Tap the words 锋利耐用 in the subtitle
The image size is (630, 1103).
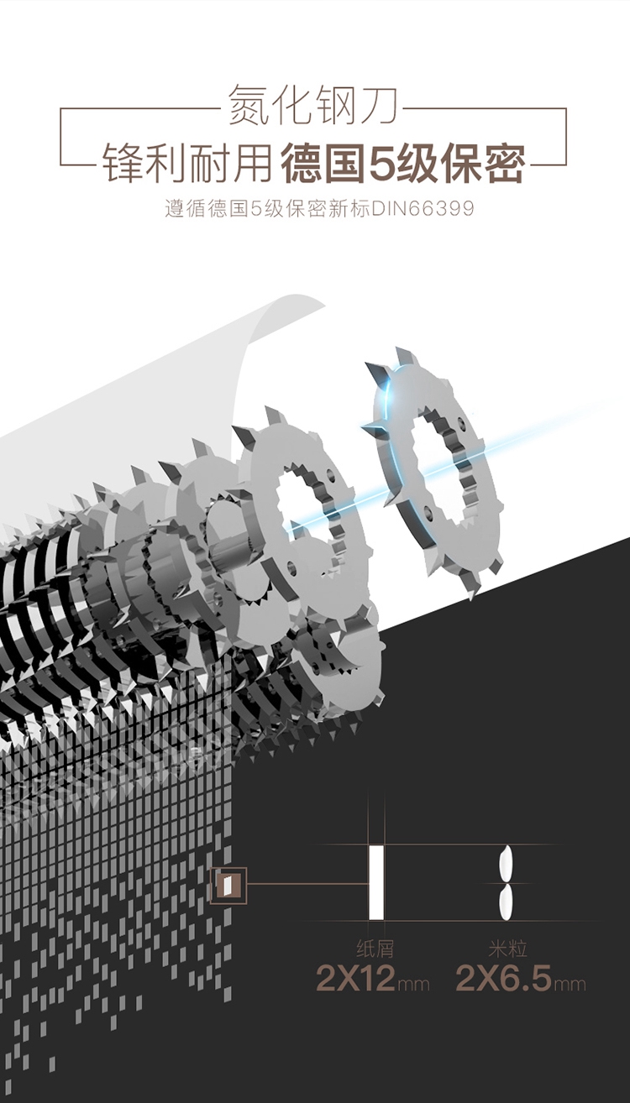187,163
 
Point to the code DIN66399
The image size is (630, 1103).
423,209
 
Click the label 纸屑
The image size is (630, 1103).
375,949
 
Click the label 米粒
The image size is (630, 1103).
508,949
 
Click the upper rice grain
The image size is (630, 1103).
507,863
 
